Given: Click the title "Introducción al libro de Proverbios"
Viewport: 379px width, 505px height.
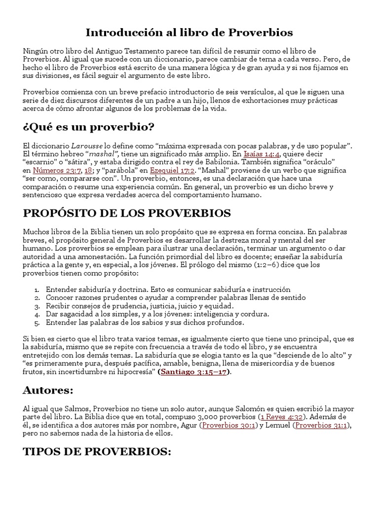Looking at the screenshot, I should (x=189, y=33).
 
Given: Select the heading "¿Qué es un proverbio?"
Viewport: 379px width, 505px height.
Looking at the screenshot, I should (x=89, y=127).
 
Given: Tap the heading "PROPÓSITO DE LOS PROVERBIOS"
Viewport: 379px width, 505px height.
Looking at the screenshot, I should (x=127, y=213).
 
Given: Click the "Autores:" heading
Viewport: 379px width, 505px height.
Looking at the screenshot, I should (x=48, y=391).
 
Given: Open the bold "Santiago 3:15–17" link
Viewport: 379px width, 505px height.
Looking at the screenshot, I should (x=194, y=372).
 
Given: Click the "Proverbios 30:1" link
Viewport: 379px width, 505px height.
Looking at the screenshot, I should (x=228, y=425).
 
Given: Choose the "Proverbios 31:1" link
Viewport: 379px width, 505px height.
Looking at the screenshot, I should (x=324, y=425).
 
